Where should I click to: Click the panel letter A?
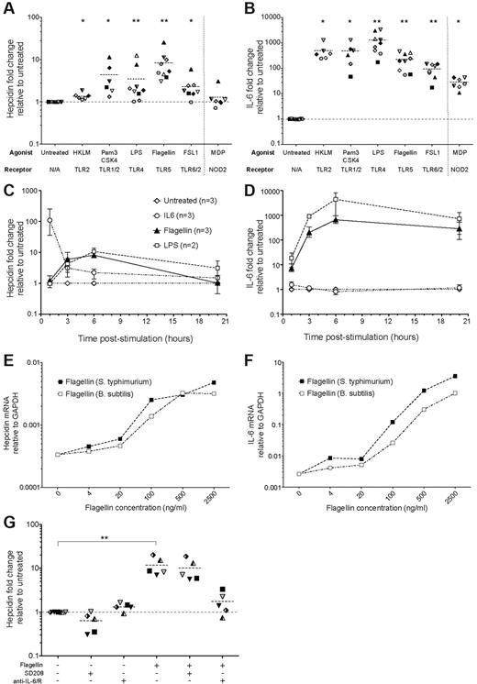pos(6,7)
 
